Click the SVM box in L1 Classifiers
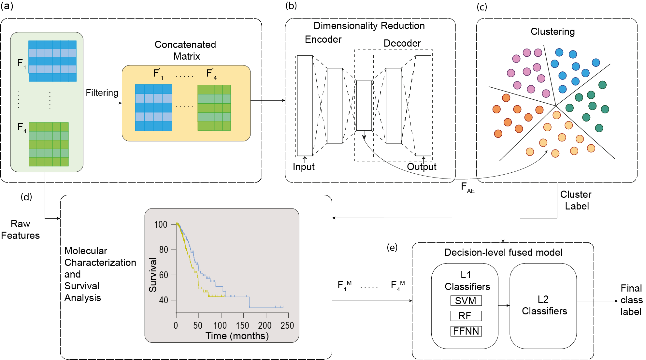tap(466, 300)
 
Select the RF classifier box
tap(466, 316)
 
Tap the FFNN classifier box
tap(466, 331)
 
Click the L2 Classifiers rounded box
tap(543, 306)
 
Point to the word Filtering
tap(102, 93)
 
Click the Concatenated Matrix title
tap(185, 50)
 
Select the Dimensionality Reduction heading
tap(369, 26)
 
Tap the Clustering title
tap(553, 32)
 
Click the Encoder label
tap(323, 39)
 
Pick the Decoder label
tap(402, 43)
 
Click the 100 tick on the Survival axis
tap(161, 224)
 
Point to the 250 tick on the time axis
tap(287, 325)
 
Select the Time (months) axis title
tap(237, 336)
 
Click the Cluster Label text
tap(576, 200)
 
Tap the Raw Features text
tap(20, 229)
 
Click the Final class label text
tap(631, 300)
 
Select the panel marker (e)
tap(392, 248)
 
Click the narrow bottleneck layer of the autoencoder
tap(364, 106)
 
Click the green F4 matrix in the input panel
tap(49, 144)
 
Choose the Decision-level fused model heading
tap(503, 252)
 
